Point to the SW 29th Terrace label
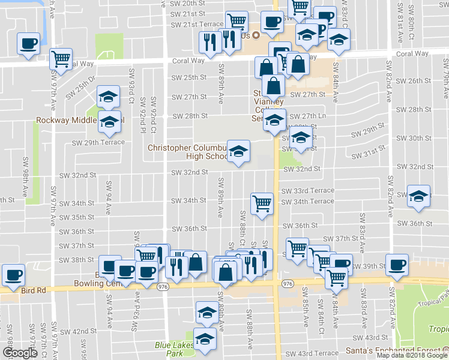(x=98, y=143)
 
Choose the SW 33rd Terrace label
(x=307, y=190)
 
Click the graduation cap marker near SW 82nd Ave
(x=418, y=195)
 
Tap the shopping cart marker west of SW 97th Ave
(x=60, y=58)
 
